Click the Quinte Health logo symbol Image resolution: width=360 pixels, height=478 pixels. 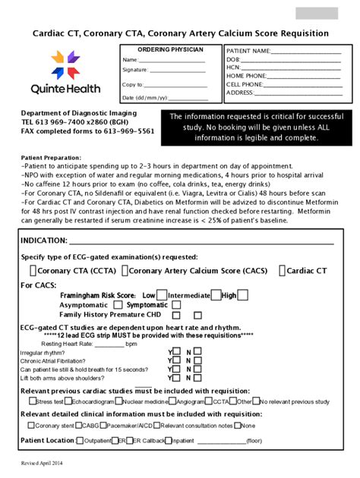point(65,64)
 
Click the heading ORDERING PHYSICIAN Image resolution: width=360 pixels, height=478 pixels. point(170,49)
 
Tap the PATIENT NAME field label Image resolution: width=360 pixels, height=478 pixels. point(248,51)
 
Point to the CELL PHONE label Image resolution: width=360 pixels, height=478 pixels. point(245,84)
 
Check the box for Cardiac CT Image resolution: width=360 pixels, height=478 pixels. point(283,270)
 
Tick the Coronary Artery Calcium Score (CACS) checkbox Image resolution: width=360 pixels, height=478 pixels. point(125,270)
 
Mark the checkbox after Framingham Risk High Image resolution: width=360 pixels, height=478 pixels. point(242,294)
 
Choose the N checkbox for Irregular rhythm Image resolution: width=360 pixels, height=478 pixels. point(197,352)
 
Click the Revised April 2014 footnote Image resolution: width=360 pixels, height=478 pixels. point(43,462)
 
